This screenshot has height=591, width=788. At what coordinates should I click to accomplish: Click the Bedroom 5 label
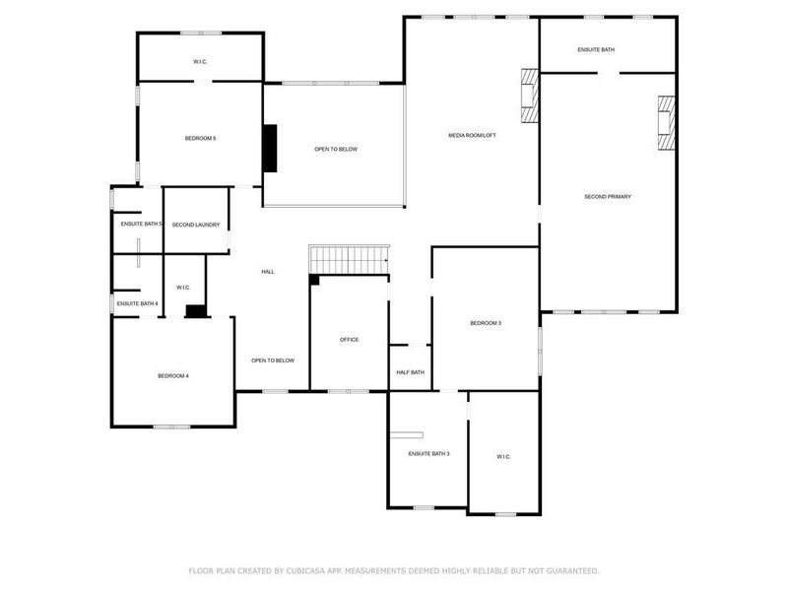point(200,138)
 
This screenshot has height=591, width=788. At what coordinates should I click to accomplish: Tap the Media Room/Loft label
point(472,135)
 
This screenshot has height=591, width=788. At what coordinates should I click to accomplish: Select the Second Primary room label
point(607,197)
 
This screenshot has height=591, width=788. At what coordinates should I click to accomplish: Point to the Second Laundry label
point(196,225)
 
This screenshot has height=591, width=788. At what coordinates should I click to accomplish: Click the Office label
point(349,340)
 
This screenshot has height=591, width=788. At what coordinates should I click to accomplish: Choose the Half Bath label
point(410,372)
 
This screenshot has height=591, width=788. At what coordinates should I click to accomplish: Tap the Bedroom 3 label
point(486,323)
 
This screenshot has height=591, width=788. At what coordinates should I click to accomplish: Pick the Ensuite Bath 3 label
point(428,453)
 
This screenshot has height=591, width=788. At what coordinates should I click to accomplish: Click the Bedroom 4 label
point(173,375)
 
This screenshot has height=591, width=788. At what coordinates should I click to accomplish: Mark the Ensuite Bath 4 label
point(137,303)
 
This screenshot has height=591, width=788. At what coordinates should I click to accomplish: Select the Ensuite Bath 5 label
point(141,225)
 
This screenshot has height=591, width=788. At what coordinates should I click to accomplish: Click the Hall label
point(268,272)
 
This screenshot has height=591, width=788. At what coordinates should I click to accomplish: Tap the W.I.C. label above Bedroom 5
point(200,62)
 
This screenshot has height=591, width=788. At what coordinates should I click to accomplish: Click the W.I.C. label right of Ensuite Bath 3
point(502,457)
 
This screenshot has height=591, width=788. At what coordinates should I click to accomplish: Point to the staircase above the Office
point(349,260)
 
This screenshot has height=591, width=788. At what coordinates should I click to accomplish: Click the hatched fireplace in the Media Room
point(530,96)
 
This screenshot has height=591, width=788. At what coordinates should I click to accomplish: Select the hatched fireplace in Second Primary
point(668,122)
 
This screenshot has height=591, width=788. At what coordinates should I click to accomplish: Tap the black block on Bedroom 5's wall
point(268,148)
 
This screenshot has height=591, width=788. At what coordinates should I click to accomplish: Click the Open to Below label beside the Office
point(273,361)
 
